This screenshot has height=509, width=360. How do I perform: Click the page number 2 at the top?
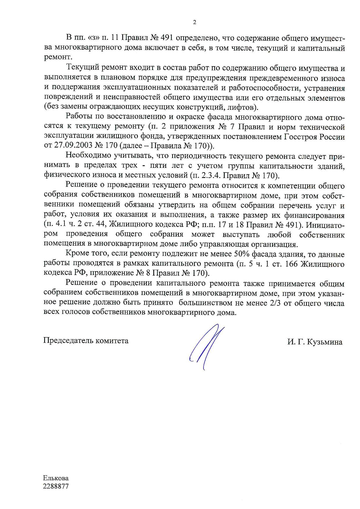point(195,22)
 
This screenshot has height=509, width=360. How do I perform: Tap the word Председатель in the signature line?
point(68,340)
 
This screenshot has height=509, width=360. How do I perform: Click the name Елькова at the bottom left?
point(56,478)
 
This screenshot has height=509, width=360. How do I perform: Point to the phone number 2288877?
point(56,486)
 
